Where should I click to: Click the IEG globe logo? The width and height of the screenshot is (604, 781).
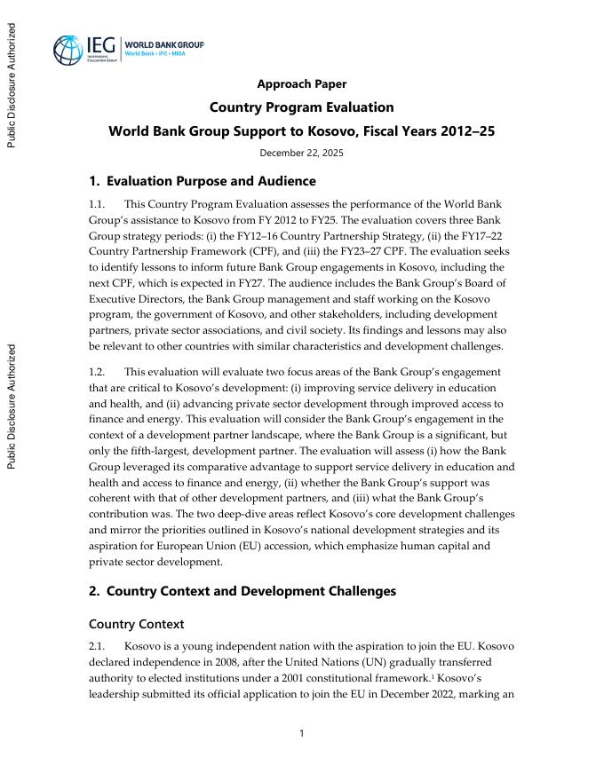69,50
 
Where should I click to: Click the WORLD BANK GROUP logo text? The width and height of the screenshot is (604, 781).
164,43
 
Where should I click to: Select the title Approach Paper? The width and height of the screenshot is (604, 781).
301,84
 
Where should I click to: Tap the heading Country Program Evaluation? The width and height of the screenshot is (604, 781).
301,107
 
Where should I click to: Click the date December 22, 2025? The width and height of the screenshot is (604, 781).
301,153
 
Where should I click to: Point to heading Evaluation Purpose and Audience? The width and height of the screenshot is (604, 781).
203,181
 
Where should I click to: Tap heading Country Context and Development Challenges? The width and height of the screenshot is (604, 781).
242,591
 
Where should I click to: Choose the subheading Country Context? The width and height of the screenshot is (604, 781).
137,624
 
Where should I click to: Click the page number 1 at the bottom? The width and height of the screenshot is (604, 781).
302,733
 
